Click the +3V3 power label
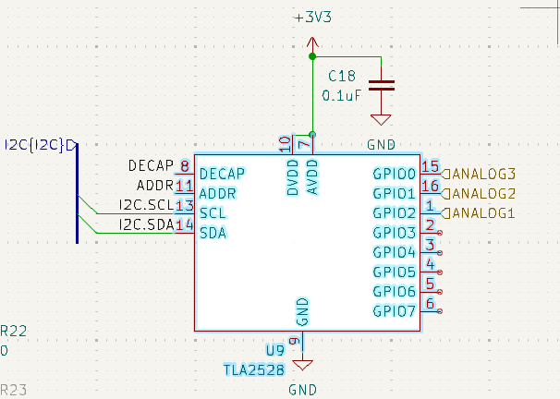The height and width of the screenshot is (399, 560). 311,18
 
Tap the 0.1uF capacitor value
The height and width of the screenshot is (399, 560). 341,95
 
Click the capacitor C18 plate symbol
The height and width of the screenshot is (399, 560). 381,85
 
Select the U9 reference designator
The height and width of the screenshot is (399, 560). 274,351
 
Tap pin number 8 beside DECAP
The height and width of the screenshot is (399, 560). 185,166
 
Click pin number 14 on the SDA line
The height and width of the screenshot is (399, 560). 185,224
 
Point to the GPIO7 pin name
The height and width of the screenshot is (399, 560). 395,311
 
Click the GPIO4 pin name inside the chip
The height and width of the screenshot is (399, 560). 395,252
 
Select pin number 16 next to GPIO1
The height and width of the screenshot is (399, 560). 430,186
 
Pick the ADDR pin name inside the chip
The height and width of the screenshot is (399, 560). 217,194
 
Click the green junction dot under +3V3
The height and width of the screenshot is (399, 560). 311,56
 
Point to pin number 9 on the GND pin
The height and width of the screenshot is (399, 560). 295,342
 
